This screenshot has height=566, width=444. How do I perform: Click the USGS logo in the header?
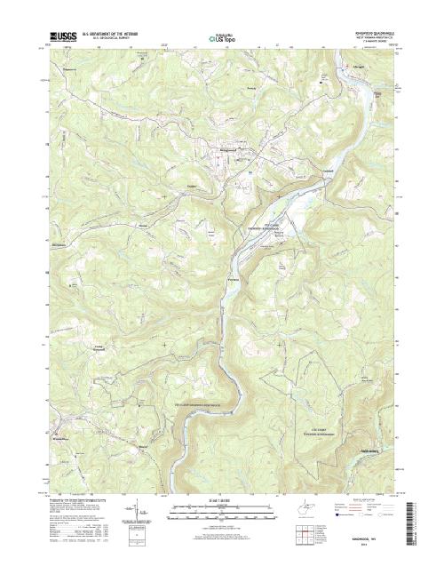65,37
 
